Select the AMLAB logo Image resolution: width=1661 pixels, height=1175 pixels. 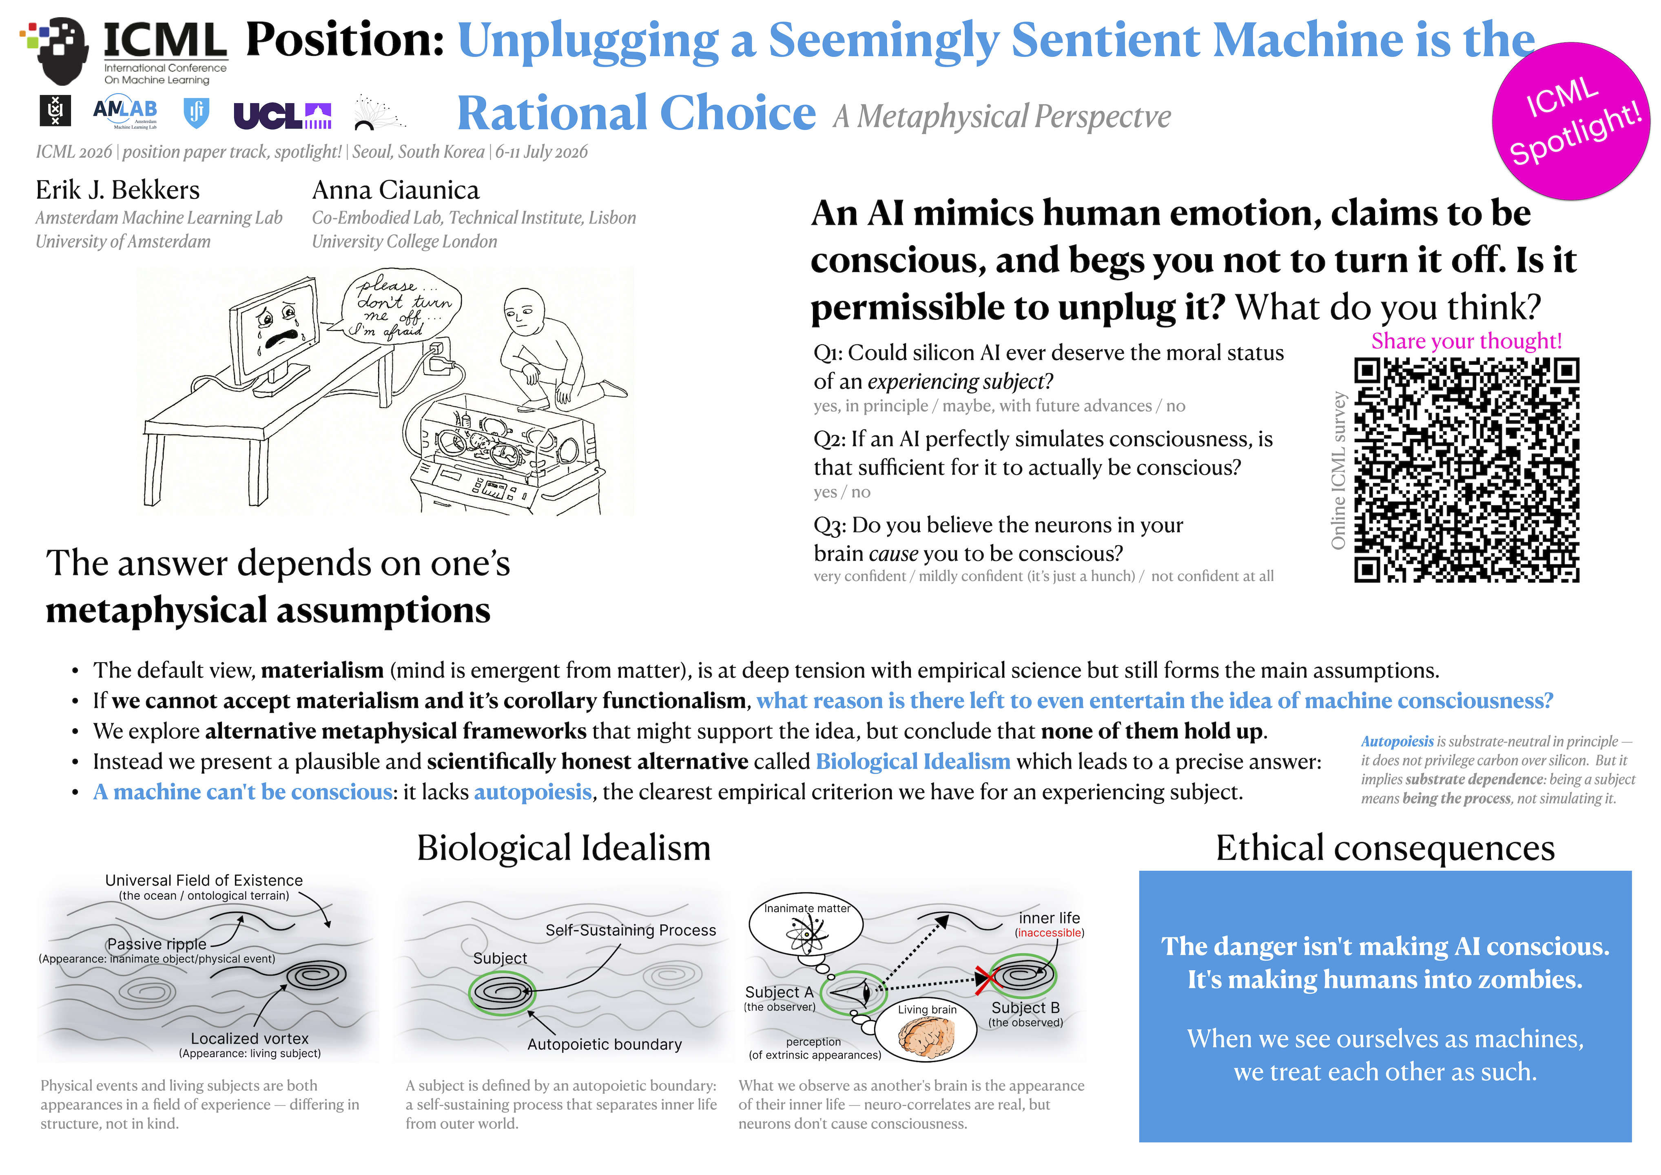click(x=125, y=112)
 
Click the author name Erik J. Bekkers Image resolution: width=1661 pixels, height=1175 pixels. click(x=117, y=190)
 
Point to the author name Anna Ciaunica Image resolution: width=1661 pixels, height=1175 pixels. click(x=396, y=190)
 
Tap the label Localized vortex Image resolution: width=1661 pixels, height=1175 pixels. click(x=250, y=1038)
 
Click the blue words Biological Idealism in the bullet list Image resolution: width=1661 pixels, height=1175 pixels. click(x=913, y=761)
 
